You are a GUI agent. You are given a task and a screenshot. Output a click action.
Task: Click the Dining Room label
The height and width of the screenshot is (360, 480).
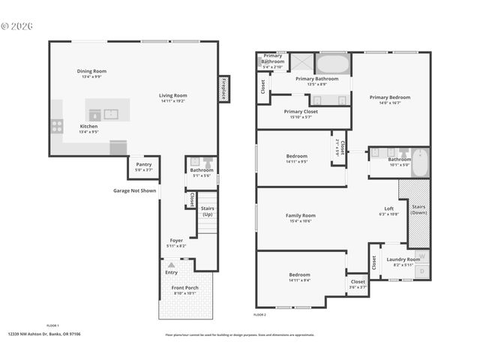coord(91,71)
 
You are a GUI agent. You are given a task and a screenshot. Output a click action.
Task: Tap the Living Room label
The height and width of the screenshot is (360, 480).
coord(172,95)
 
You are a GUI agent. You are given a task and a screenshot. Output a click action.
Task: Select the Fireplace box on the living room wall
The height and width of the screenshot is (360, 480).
coord(223,88)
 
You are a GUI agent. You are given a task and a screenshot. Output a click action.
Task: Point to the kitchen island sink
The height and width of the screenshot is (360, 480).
coord(111,114)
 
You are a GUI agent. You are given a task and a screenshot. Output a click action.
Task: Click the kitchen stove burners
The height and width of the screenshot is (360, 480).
coord(56,126)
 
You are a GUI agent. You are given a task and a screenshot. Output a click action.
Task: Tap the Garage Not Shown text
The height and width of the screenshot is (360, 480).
coord(135,190)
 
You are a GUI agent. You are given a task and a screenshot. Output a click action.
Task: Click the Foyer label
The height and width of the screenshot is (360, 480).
coord(176,241)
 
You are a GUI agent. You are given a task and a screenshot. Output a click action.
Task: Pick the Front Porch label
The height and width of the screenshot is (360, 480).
coord(184,289)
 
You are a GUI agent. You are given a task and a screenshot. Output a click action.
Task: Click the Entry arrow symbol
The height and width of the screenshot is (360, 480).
coord(172,265)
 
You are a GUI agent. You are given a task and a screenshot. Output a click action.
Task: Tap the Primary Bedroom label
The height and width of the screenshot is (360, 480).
coord(390,97)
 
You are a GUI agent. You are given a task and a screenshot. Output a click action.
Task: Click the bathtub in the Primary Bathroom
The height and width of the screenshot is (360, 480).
coord(332,63)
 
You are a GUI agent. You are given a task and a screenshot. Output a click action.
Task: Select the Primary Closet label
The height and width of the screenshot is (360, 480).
coord(301,112)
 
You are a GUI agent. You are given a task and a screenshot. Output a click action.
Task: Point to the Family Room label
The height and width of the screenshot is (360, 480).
coord(301,215)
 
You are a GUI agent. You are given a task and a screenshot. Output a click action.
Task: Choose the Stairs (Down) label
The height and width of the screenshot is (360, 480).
coord(419,208)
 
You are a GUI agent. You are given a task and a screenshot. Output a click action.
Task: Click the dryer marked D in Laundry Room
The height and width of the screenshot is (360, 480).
coord(421,271)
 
